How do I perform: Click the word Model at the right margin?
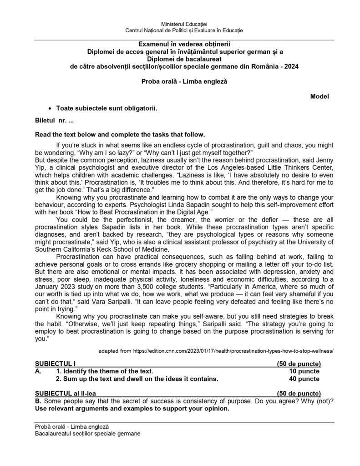[x=319, y=96]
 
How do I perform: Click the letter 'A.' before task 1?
[x=39, y=371]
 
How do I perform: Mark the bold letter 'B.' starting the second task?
[x=38, y=400]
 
